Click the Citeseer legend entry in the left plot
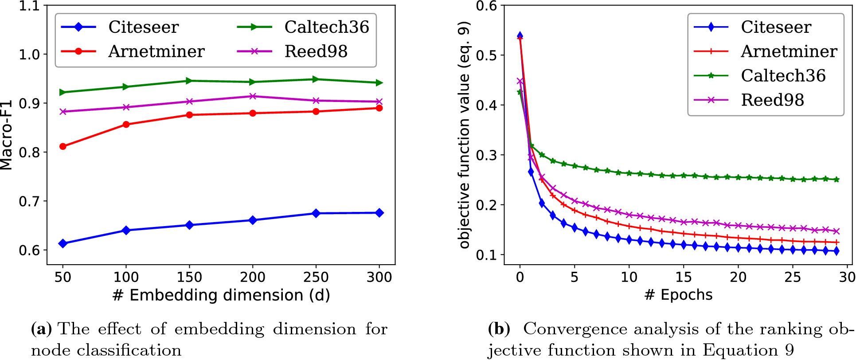click(143, 27)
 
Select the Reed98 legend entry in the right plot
click(772, 100)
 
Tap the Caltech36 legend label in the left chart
click(326, 27)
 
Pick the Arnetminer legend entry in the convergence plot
click(789, 52)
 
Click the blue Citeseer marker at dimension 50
click(63, 243)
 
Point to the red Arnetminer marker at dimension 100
click(126, 125)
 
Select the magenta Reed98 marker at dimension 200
click(253, 96)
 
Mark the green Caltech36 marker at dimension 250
click(316, 79)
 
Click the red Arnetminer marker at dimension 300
click(379, 108)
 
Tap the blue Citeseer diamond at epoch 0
click(520, 35)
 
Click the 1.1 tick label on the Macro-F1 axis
click(29, 6)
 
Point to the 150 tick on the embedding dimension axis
click(189, 278)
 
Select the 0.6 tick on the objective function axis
click(487, 6)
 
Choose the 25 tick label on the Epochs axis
click(792, 278)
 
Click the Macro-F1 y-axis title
click(6, 136)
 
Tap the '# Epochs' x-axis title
click(678, 295)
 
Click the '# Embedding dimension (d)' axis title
click(221, 295)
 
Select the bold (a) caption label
click(41, 329)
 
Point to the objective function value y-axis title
click(464, 135)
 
